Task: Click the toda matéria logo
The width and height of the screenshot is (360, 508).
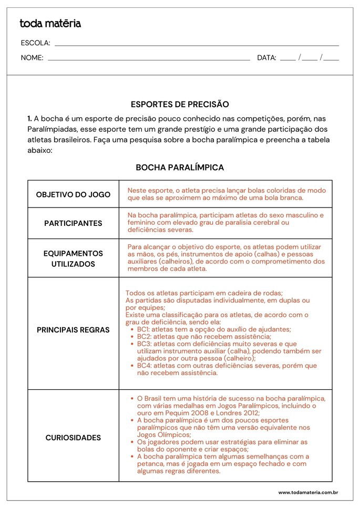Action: tap(50, 24)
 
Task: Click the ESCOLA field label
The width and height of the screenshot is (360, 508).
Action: tap(35, 43)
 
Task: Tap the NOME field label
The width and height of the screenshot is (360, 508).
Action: tap(32, 58)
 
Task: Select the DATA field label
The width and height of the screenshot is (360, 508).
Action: tap(266, 58)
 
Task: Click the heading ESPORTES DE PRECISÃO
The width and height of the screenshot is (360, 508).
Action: tap(180, 105)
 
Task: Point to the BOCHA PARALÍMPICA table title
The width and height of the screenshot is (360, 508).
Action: tap(180, 168)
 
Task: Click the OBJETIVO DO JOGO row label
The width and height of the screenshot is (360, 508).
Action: tap(73, 194)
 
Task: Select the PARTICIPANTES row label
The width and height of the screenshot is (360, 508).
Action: tap(73, 223)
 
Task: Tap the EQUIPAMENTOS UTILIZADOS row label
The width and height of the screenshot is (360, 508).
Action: tap(73, 258)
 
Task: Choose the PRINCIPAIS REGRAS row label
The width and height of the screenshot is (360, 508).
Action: tap(73, 330)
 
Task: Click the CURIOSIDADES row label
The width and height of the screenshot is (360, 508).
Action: tap(73, 438)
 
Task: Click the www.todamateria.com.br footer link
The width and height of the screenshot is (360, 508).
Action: tap(307, 493)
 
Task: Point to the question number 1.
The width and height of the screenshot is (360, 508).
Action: tap(30, 119)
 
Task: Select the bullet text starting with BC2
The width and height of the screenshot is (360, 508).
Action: tap(204, 337)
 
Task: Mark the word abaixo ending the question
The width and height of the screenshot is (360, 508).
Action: tap(40, 150)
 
